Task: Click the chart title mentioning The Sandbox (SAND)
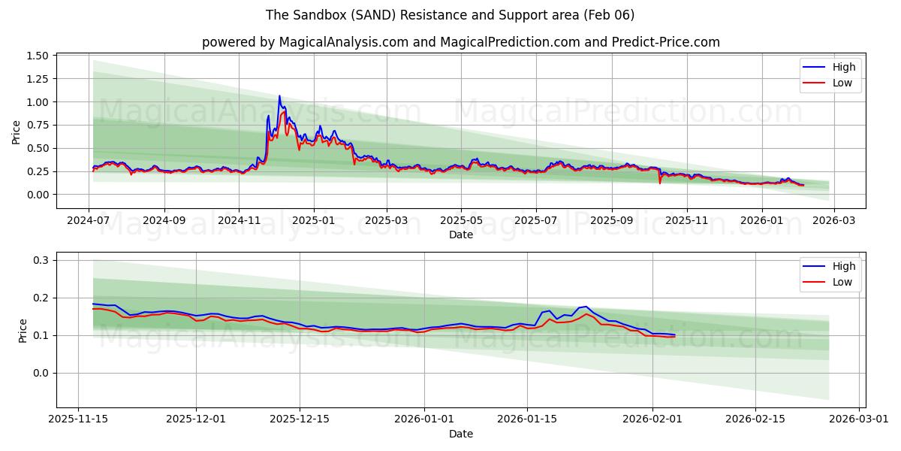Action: (x=450, y=15)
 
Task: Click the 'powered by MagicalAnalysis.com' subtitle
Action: (x=460, y=42)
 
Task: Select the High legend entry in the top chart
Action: (x=843, y=67)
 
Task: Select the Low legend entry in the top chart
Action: (x=842, y=83)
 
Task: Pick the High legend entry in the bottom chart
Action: (x=843, y=266)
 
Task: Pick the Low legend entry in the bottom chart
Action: (x=842, y=282)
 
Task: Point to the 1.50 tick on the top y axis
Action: (x=37, y=56)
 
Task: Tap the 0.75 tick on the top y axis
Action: (x=37, y=126)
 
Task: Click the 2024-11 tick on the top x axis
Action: (x=239, y=220)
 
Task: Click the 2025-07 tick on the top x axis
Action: (x=536, y=220)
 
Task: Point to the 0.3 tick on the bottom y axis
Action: (x=41, y=260)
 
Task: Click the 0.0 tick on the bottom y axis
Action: (x=41, y=373)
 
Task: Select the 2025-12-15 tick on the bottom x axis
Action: (x=300, y=419)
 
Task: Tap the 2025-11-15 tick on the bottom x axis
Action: (x=78, y=419)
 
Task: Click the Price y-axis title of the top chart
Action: (x=16, y=132)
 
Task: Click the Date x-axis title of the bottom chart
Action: (x=460, y=434)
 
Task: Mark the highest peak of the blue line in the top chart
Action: (x=279, y=96)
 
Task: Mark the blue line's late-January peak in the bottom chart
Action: (x=585, y=307)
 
